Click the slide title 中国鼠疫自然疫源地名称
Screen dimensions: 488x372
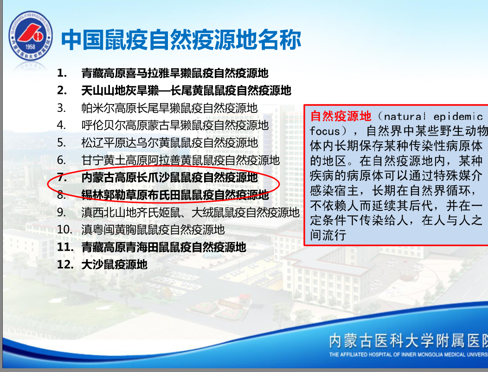point(181,39)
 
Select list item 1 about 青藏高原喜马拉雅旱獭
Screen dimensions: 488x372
point(175,73)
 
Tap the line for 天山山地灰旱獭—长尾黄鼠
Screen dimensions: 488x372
point(186,91)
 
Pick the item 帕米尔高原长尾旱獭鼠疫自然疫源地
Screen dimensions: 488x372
point(169,108)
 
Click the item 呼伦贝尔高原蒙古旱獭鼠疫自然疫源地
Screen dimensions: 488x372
point(175,125)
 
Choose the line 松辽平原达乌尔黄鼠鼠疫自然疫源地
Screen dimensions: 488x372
point(170,143)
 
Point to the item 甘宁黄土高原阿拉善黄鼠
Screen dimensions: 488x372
point(180,160)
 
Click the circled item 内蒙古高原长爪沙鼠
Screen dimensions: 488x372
point(170,177)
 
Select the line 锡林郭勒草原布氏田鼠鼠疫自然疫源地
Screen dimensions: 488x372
point(175,195)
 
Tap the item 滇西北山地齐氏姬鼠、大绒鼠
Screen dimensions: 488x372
point(191,213)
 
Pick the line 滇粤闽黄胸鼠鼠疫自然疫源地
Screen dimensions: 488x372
point(153,229)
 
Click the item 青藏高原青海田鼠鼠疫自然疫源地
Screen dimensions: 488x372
point(164,247)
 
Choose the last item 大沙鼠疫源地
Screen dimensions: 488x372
point(114,265)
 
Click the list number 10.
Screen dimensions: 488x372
point(64,229)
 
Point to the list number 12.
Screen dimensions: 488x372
point(65,265)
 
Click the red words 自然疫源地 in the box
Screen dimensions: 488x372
point(341,116)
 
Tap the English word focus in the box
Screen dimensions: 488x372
point(325,131)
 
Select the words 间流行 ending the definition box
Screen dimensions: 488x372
point(328,235)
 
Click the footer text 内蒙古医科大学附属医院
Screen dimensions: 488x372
point(408,340)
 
